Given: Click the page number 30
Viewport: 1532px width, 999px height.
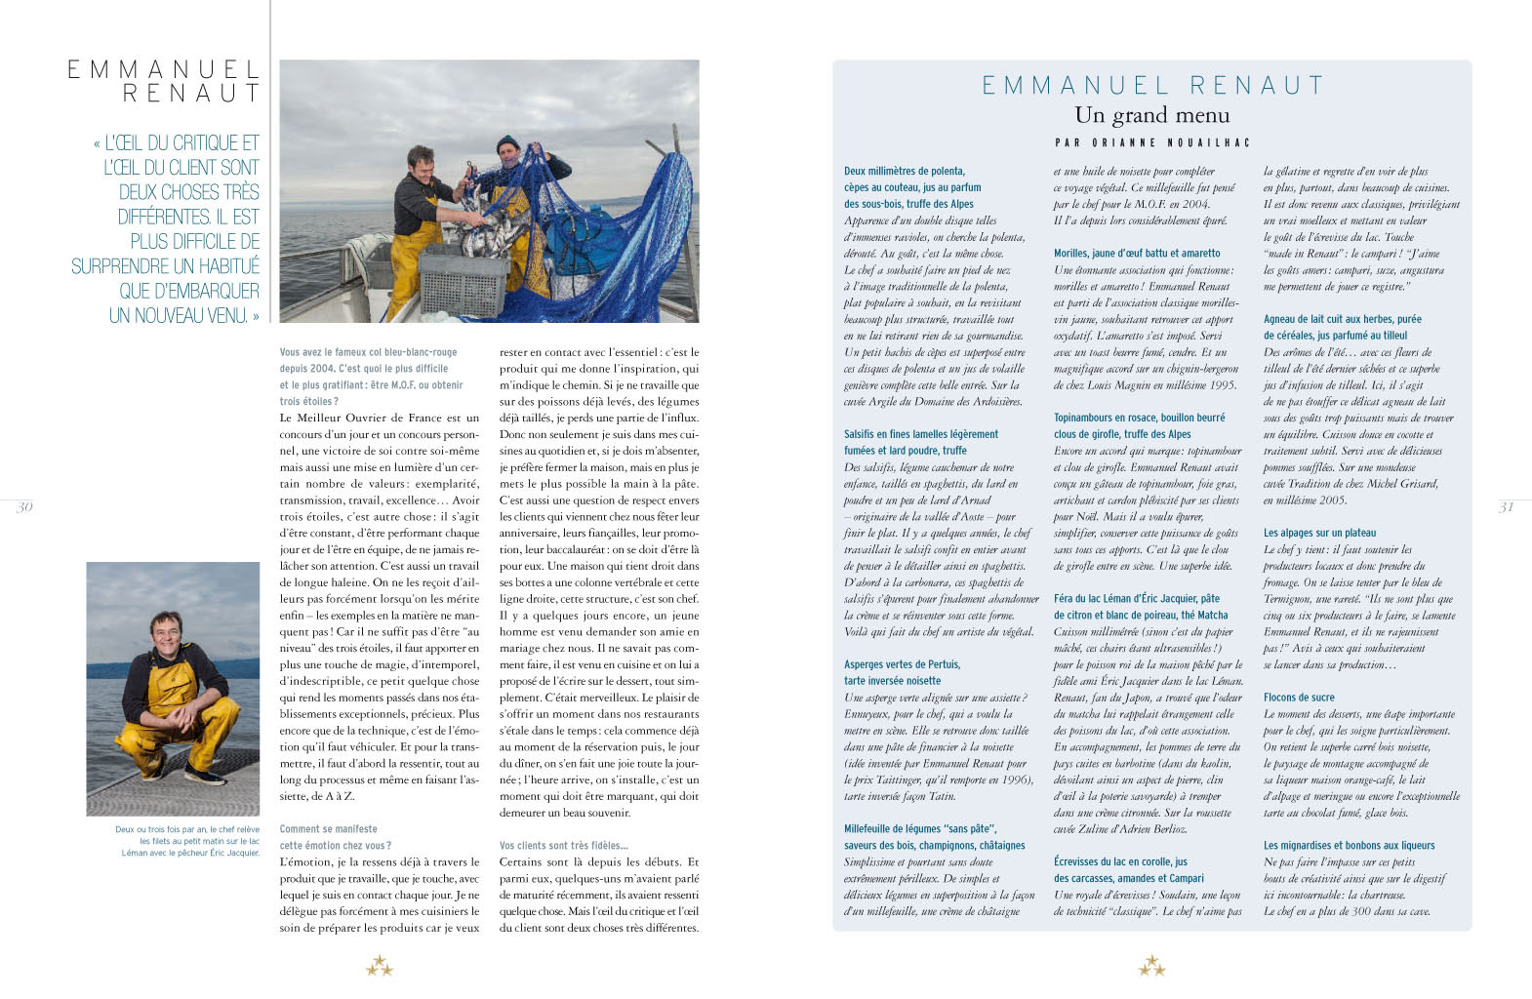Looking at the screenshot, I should (x=25, y=506).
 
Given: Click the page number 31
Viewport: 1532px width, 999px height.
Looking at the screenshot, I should (x=1506, y=506).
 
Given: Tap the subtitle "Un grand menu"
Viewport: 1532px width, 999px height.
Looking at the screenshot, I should (x=1151, y=115).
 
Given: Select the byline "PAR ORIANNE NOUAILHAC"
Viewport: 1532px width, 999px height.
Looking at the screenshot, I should (x=1151, y=142).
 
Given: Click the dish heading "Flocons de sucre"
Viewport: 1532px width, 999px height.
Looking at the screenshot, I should (x=1299, y=698).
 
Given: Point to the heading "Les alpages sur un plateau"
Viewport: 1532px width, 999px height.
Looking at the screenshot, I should (x=1319, y=533).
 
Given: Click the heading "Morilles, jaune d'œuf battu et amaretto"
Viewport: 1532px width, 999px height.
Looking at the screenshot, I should (x=1137, y=254).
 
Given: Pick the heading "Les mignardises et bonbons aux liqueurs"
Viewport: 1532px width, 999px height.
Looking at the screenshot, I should (x=1349, y=846).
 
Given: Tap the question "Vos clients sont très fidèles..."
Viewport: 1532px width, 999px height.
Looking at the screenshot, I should (x=564, y=846).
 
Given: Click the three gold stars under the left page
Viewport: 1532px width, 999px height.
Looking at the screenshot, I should (x=380, y=967).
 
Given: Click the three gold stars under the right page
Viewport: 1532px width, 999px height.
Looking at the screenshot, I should (x=1151, y=967).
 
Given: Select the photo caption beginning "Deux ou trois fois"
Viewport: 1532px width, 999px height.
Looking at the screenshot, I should (x=187, y=841).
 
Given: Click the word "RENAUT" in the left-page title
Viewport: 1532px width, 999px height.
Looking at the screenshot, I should (x=192, y=94).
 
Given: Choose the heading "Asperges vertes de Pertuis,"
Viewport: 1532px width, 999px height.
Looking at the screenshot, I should (x=902, y=664).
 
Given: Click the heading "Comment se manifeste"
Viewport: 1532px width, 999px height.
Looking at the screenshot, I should (x=328, y=829).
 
